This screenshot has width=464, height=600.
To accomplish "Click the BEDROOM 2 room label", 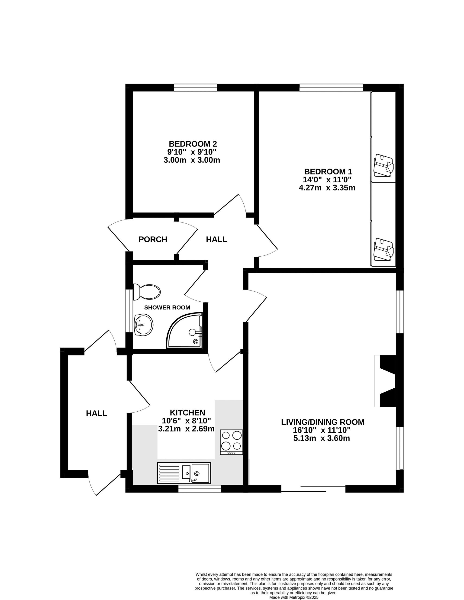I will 193,144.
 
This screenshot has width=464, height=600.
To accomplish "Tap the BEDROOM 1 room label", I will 328,171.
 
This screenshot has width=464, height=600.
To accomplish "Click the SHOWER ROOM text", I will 167,307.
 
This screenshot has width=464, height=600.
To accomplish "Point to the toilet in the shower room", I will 147,292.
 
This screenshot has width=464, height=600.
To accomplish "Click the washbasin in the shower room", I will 143,325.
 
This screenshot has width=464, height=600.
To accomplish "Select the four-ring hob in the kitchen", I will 232,442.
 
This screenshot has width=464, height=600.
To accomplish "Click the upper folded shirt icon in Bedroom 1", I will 384,166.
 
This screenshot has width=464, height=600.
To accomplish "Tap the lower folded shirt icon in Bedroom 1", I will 384,249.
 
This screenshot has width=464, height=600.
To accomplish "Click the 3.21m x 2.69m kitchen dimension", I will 186,429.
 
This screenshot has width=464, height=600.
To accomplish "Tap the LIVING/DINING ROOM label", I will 322,422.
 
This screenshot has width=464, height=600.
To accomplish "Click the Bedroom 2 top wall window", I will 195,88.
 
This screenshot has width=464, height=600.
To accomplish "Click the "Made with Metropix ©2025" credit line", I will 294,597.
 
